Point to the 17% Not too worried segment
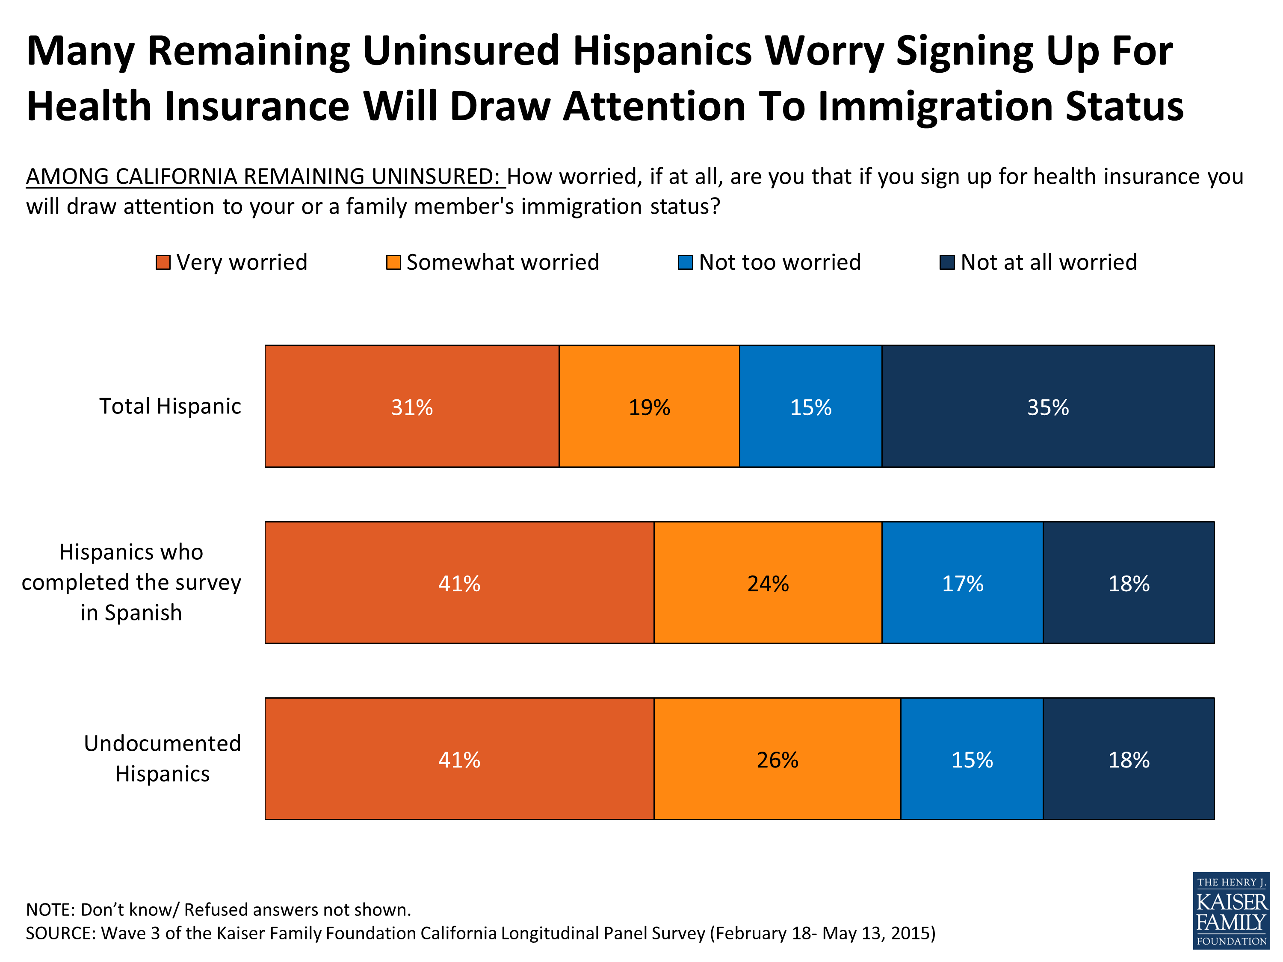tap(962, 583)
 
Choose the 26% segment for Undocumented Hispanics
tap(777, 759)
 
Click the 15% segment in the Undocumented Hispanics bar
tap(972, 759)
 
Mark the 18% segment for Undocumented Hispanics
tap(1128, 759)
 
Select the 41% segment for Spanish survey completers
tap(459, 583)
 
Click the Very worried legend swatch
tap(163, 263)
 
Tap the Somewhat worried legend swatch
tap(393, 263)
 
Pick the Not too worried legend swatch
tap(686, 263)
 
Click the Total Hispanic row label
tap(170, 406)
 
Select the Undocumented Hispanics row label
tap(163, 758)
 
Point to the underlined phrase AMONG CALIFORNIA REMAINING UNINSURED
tap(266, 176)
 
